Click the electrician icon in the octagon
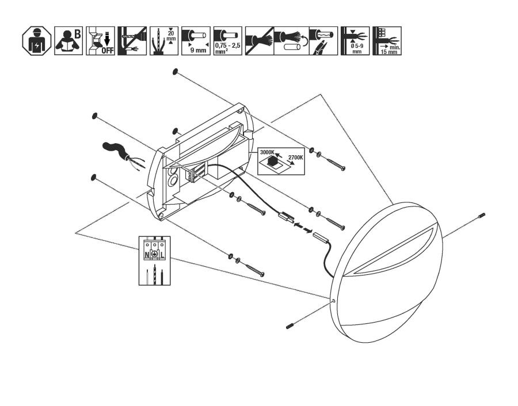(x=37, y=41)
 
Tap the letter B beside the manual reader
(x=77, y=34)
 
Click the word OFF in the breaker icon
(x=108, y=51)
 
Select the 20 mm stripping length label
(x=171, y=36)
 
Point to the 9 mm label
(x=198, y=50)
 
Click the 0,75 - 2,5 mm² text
(x=227, y=48)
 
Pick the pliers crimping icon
(x=323, y=41)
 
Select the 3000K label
(x=267, y=152)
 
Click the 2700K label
(x=295, y=158)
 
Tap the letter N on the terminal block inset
(x=147, y=255)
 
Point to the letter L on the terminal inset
(x=162, y=255)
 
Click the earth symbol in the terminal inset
(x=154, y=254)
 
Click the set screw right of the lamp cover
(x=481, y=216)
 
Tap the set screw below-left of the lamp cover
(x=291, y=325)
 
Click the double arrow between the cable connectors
(x=303, y=228)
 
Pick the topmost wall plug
(x=175, y=71)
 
